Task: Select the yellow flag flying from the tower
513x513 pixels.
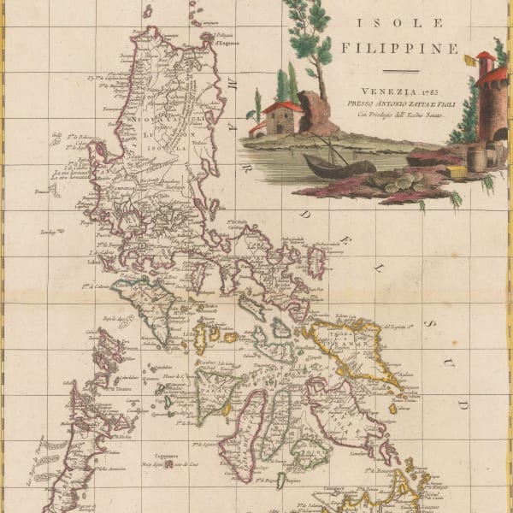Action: (x=470, y=60)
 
